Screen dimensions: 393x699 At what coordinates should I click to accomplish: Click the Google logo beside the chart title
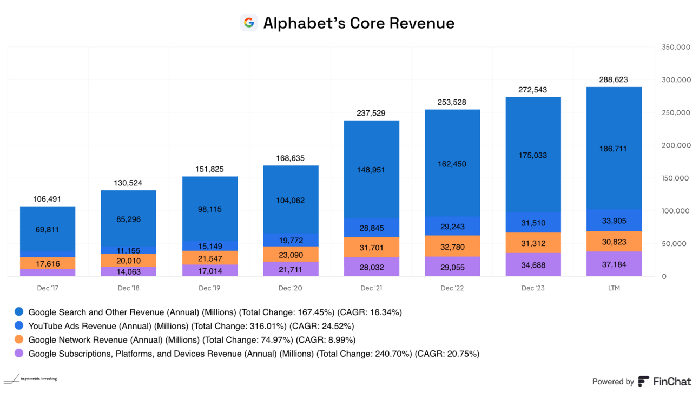[x=249, y=23]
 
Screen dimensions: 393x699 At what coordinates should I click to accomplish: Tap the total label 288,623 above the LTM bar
[x=614, y=79]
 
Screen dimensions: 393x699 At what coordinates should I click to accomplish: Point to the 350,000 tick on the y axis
[x=676, y=48]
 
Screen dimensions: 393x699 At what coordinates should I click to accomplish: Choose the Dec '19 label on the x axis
[x=209, y=288]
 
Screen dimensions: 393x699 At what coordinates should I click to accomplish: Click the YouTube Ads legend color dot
[x=19, y=326]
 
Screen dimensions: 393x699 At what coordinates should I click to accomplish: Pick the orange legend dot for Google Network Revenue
[x=19, y=340]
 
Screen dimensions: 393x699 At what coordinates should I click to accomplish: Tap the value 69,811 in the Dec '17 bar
[x=48, y=229]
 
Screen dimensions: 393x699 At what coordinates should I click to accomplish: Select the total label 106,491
[x=48, y=199]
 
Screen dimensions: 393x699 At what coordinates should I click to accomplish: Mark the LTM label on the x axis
[x=614, y=288]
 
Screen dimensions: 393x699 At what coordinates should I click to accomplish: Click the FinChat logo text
[x=672, y=382]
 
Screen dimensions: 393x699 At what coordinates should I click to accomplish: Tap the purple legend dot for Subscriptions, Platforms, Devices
[x=19, y=354]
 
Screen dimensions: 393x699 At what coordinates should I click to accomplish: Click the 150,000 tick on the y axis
[x=676, y=178]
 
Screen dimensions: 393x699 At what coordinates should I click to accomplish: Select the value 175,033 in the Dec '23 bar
[x=532, y=155]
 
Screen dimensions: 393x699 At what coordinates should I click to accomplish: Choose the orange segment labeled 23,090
[x=291, y=254]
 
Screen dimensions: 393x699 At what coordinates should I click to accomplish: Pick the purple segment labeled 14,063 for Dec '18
[x=128, y=271]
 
